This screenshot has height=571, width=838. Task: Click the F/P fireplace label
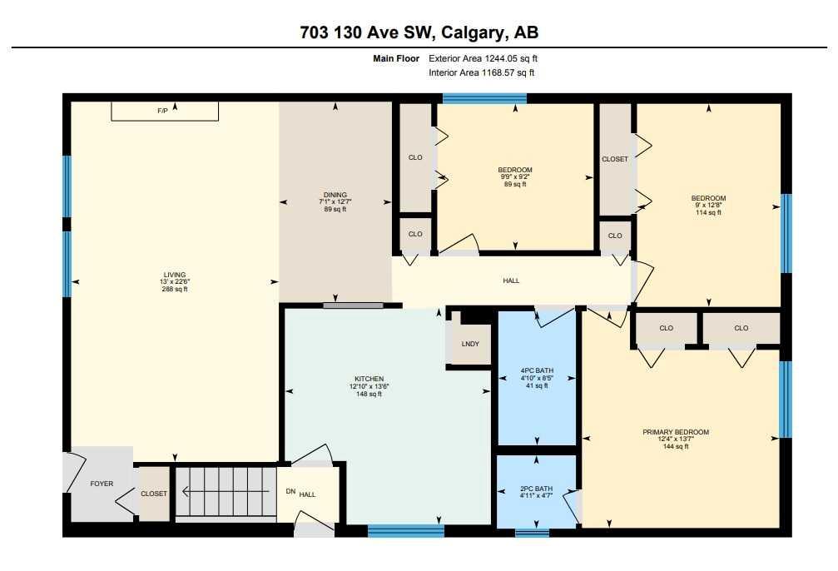(163, 111)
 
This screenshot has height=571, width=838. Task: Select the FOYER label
(102, 484)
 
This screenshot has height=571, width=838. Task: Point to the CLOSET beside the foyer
(154, 494)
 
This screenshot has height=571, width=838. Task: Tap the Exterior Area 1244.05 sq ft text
(488, 58)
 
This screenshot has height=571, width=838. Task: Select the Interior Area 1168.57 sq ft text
(481, 73)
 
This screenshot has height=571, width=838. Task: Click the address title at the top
(419, 32)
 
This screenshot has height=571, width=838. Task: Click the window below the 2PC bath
(532, 532)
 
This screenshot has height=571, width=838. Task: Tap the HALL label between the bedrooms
(511, 281)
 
